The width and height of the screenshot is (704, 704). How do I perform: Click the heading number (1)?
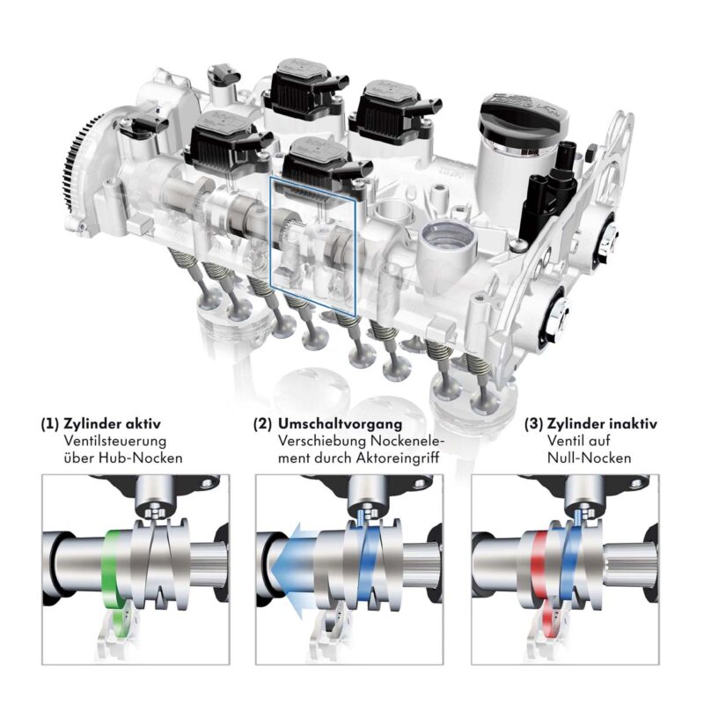click(50, 424)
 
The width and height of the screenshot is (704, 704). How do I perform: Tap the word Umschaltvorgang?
click(340, 424)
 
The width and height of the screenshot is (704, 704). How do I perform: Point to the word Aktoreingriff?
click(398, 458)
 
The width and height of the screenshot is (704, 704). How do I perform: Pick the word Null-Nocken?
click(589, 458)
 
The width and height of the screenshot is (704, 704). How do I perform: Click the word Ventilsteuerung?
click(115, 441)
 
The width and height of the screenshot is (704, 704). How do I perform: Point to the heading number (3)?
click(534, 424)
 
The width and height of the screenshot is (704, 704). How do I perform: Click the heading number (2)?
click(262, 424)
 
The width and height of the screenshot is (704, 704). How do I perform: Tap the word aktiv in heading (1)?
click(142, 424)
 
